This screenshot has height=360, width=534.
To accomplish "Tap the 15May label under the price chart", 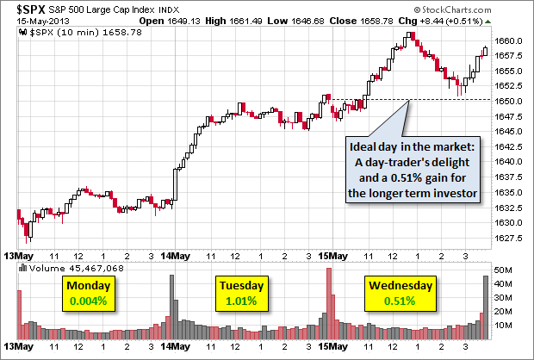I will click(x=331, y=257).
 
